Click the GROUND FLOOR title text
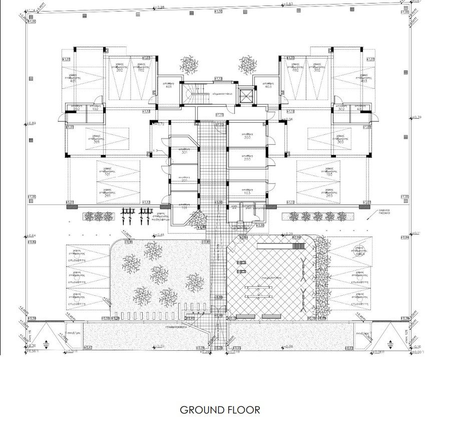coord(220,409)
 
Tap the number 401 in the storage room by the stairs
coord(169,87)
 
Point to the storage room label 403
coord(268,87)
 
